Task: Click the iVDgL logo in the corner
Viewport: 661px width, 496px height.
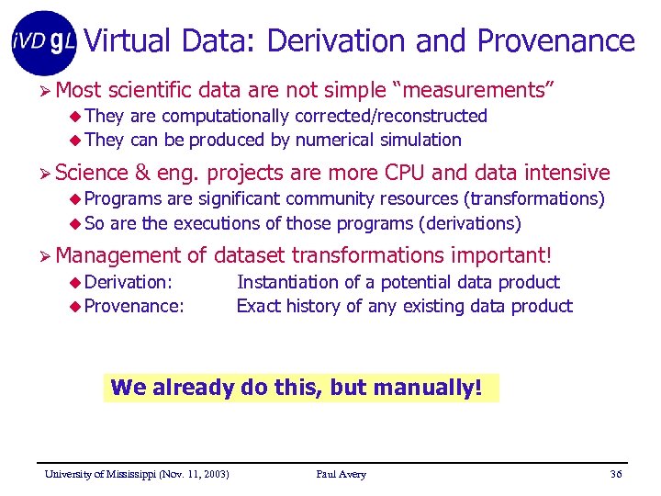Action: [x=44, y=42]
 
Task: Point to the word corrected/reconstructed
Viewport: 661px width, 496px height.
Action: [x=390, y=116]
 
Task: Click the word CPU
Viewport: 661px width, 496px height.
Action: [x=406, y=173]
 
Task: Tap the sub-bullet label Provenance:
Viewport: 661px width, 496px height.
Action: [x=134, y=306]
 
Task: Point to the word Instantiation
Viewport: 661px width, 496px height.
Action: [x=286, y=282]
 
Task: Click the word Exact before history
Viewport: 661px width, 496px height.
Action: [x=259, y=306]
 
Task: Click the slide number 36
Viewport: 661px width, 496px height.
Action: [x=615, y=474]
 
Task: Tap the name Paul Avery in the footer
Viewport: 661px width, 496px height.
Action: [x=341, y=474]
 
